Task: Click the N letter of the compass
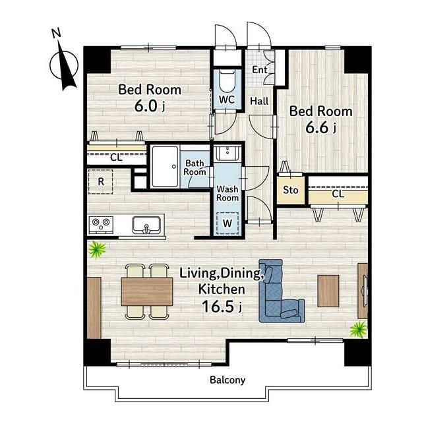pos(56,33)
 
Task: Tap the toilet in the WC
pos(227,80)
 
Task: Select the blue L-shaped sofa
pos(282,291)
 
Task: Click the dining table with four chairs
pos(147,291)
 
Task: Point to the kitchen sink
pos(146,226)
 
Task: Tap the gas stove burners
pos(101,224)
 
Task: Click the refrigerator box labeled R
pos(100,182)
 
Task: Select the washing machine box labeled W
pos(227,223)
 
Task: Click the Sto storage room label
pos(290,191)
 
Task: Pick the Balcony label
pos(227,380)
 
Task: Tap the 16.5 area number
pos(218,306)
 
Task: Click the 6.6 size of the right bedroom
pos(317,127)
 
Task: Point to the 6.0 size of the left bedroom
pos(146,105)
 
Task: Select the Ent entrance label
pos(259,70)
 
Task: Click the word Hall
pos(259,101)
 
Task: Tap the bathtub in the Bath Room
pos(165,167)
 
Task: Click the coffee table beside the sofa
pos(328,291)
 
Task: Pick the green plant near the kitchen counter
pos(97,249)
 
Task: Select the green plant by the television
pos(358,329)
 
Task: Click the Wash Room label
pos(227,193)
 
